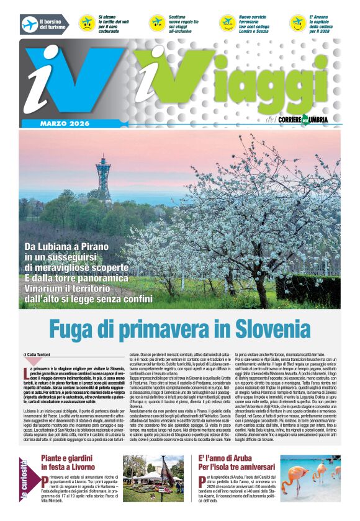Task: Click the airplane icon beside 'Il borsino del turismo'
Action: pos(29,24)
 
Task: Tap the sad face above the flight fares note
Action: pos(86,23)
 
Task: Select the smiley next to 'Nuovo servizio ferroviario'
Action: pos(227,23)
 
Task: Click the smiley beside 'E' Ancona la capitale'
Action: pos(297,23)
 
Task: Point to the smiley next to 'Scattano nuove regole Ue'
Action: pos(156,23)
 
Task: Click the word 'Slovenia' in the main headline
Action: pos(260,327)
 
